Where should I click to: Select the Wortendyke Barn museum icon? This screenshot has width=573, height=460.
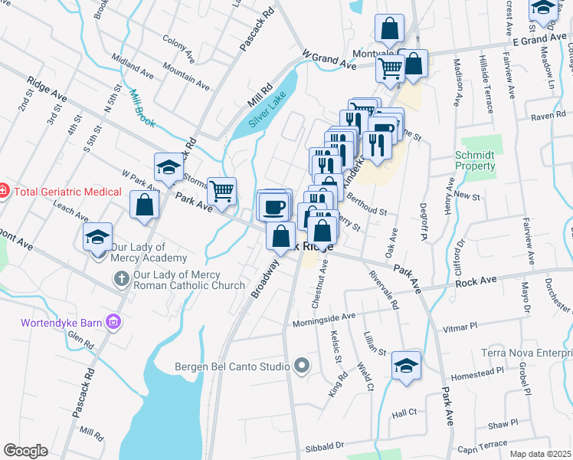(114, 320)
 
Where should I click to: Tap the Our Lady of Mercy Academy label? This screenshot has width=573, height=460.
(137, 252)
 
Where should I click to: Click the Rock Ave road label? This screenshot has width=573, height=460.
(476, 281)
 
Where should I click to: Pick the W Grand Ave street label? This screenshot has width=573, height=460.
(329, 61)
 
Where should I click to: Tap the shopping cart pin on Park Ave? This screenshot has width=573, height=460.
(222, 192)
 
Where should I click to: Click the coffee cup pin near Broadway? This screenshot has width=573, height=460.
(273, 205)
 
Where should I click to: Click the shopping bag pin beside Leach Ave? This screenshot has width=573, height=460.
(144, 205)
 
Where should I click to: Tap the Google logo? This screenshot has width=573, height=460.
(25, 451)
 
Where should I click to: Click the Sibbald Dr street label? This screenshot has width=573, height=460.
(325, 444)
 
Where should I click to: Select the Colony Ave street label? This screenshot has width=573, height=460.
(178, 47)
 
